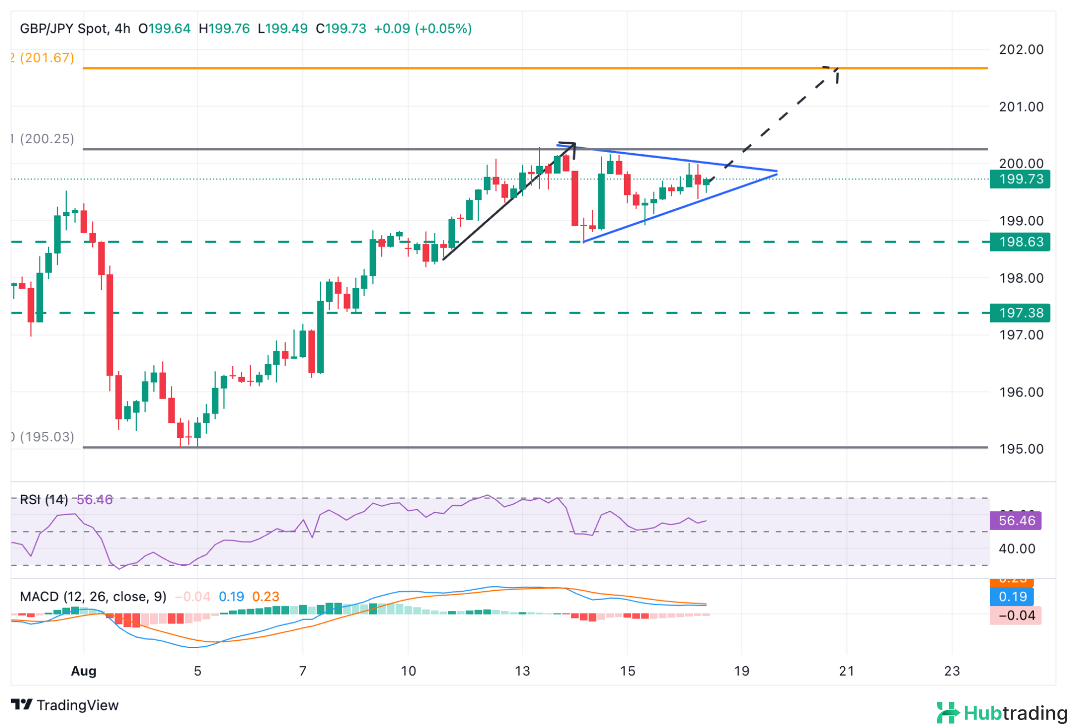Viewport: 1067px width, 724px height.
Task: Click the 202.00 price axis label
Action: pyautogui.click(x=1021, y=49)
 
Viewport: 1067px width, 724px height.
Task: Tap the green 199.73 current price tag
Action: pyautogui.click(x=1020, y=179)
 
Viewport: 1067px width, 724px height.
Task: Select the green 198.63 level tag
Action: pyautogui.click(x=1020, y=242)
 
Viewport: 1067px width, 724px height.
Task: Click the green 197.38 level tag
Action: pyautogui.click(x=1020, y=313)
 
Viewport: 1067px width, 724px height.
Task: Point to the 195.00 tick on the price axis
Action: pyautogui.click(x=1021, y=449)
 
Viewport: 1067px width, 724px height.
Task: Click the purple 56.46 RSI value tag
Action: pyautogui.click(x=1016, y=521)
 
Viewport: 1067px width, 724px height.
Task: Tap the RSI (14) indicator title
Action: pyautogui.click(x=44, y=500)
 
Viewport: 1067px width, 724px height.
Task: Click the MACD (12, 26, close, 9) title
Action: pyautogui.click(x=93, y=597)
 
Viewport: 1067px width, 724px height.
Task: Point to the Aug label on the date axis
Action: pyautogui.click(x=84, y=671)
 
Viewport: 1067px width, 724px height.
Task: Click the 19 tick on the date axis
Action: pyautogui.click(x=741, y=671)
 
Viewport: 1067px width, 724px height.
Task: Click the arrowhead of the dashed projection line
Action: pyautogui.click(x=834, y=70)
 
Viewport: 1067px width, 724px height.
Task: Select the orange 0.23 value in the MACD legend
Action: pyautogui.click(x=266, y=597)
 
